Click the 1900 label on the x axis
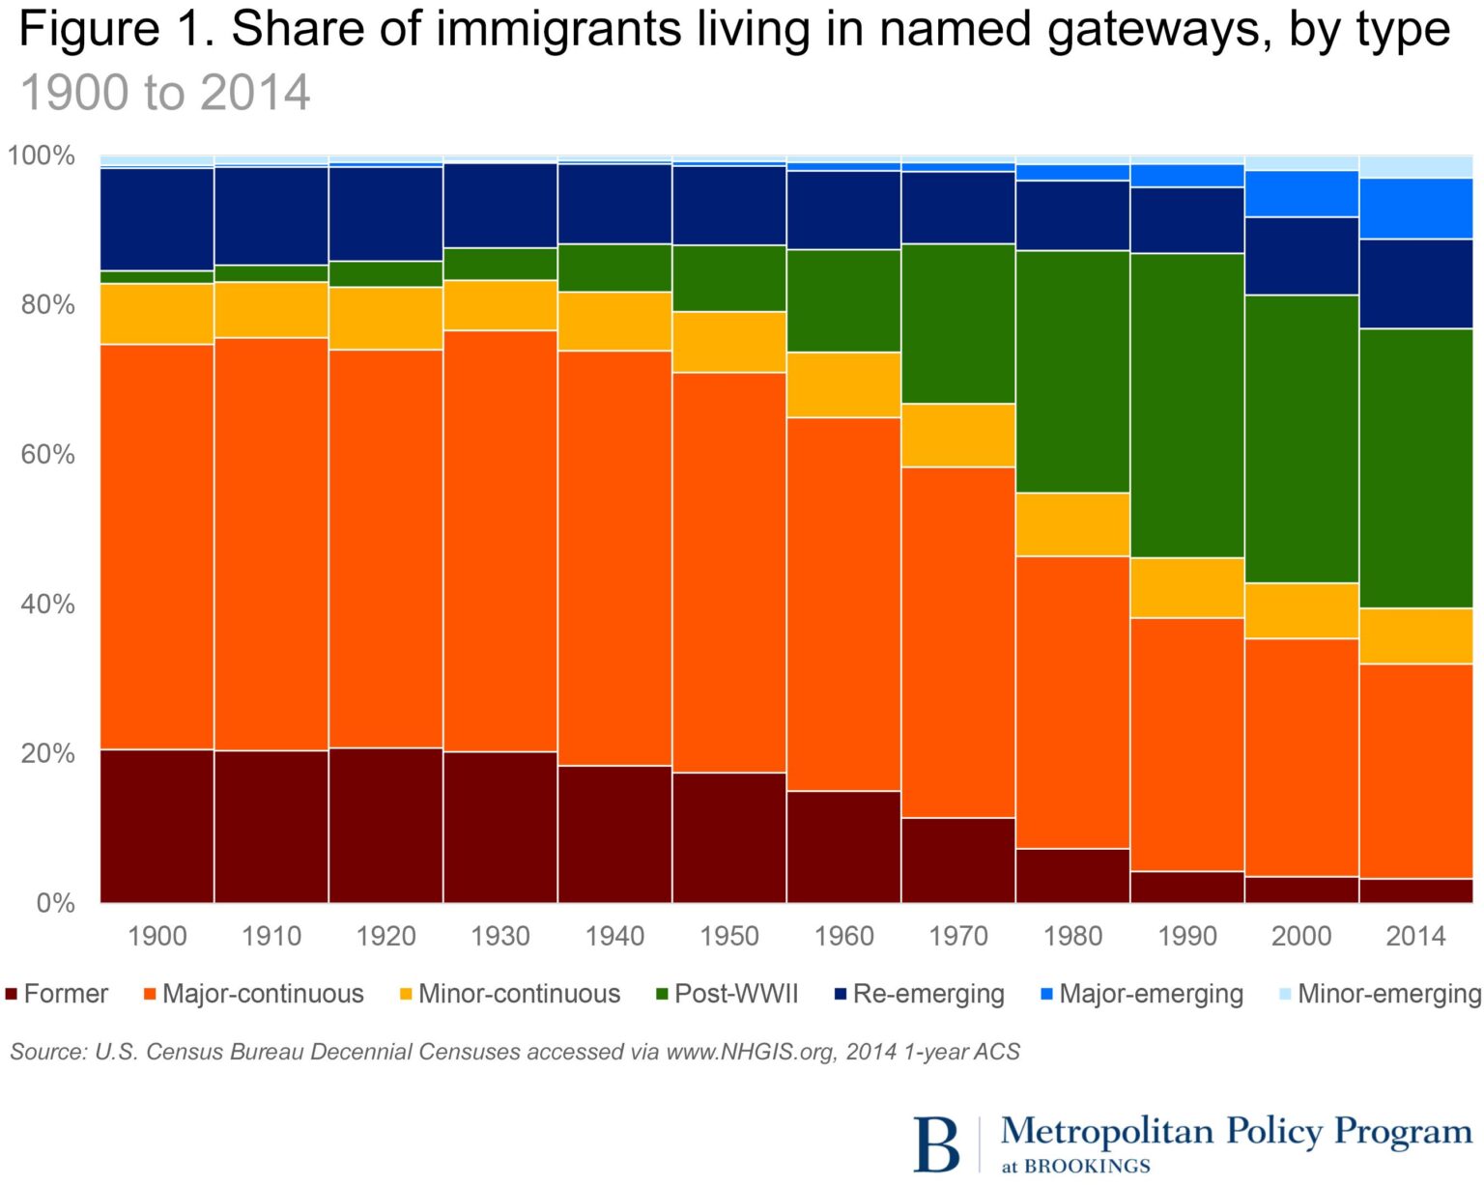157,936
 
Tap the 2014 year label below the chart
1415,936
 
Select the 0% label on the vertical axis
55,903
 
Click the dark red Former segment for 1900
157,826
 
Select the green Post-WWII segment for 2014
1415,468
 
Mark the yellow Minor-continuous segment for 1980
1072,524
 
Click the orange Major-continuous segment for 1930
500,541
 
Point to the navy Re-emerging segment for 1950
729,205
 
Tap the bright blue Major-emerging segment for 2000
1301,193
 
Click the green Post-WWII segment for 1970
958,324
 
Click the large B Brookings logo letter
936,1144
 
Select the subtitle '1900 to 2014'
165,94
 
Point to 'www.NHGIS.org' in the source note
750,1052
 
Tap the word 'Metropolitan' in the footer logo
1107,1130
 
